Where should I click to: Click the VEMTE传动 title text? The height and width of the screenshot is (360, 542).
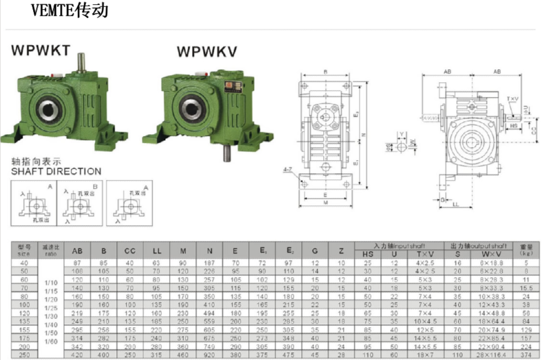69,10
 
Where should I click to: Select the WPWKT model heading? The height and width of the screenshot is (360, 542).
41,51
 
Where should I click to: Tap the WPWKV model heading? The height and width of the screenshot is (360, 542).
207,51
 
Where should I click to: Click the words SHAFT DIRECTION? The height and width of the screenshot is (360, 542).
56,171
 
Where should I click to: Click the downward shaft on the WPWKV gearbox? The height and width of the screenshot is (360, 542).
227,153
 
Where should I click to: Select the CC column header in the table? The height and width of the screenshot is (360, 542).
130,252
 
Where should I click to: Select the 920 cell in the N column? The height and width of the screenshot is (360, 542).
209,355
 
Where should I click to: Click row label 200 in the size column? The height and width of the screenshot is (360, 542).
24,347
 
